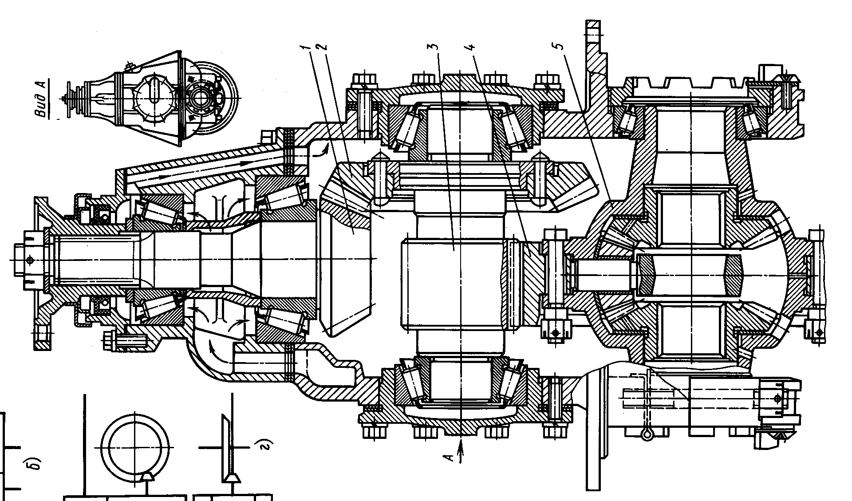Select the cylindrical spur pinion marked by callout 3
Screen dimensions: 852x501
pyautogui.click(x=454, y=284)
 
